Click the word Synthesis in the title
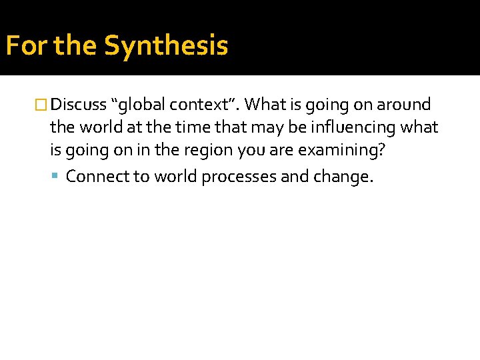(x=166, y=46)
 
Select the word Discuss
(x=79, y=105)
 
